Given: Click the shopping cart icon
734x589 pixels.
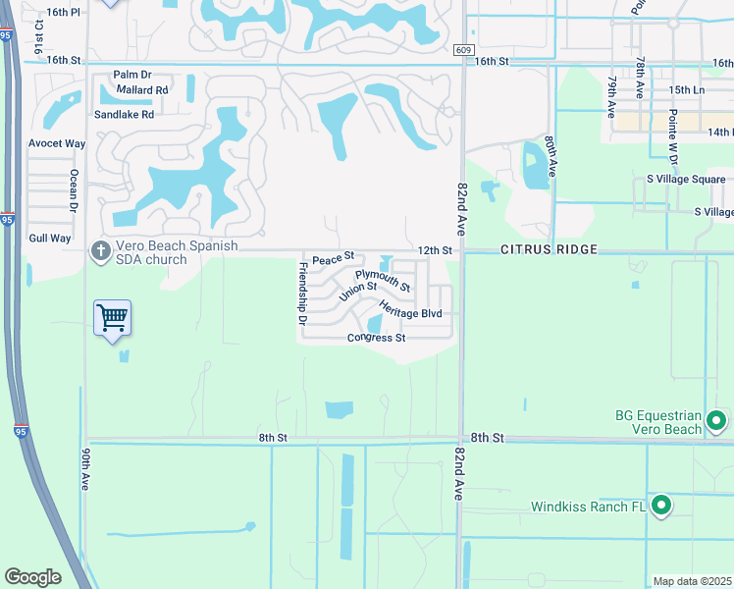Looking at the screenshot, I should (x=113, y=317).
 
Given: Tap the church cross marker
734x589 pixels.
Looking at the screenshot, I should (x=99, y=251).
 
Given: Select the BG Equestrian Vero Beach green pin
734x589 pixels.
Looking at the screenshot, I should (x=716, y=421).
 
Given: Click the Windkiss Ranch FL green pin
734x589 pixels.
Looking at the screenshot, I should (x=662, y=507).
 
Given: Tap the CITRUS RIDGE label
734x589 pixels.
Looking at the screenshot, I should (x=549, y=249).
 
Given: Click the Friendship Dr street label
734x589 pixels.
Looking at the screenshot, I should (x=302, y=293).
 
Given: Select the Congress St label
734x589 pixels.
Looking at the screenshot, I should (x=376, y=339).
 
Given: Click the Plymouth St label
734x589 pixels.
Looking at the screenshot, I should (x=383, y=281).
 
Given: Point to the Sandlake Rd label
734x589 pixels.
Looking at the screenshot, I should (x=125, y=114).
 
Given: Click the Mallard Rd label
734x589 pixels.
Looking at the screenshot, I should (x=142, y=89).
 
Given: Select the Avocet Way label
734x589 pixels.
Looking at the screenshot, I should (x=57, y=143).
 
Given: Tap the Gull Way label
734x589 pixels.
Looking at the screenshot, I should (x=50, y=238).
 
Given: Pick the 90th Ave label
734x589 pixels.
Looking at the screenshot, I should (x=86, y=469).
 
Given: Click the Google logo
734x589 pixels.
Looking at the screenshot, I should (x=32, y=576).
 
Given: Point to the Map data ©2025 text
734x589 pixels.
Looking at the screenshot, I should (x=692, y=581).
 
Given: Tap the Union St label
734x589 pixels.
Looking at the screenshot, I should (x=358, y=292).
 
